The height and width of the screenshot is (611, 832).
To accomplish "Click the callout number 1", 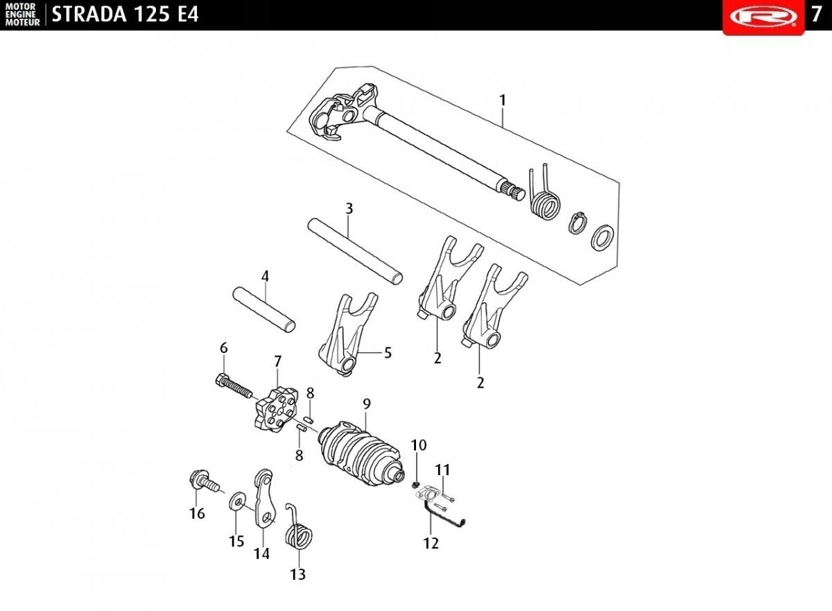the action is click(x=503, y=101).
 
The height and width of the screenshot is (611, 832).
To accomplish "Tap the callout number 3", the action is click(x=349, y=209).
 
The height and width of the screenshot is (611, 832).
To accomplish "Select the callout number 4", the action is click(x=265, y=276).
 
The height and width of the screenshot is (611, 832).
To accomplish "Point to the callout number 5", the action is click(x=388, y=353).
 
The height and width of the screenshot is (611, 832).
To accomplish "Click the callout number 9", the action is click(x=367, y=404).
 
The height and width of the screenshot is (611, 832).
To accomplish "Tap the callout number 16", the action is click(x=197, y=514).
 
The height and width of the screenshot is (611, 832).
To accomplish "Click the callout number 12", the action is click(x=431, y=544).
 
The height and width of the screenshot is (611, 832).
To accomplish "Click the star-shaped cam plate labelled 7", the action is click(x=277, y=409).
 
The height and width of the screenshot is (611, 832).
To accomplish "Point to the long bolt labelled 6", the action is click(x=234, y=386).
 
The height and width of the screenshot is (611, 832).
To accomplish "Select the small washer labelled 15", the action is click(x=236, y=504).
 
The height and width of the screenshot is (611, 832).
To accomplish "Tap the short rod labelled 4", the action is click(x=264, y=309).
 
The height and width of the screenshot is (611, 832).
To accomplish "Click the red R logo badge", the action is click(x=763, y=17).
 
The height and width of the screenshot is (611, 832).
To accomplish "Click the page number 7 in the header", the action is click(x=817, y=15).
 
